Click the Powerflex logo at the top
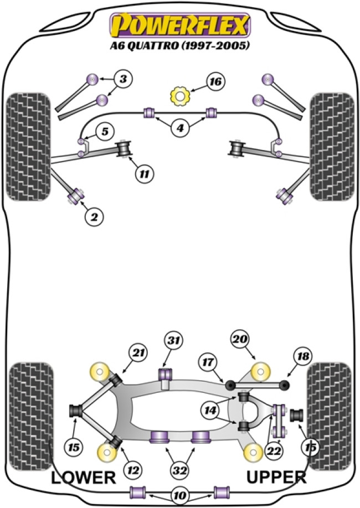pos(180,25)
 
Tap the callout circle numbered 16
pos(215,82)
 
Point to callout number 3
pos(124,79)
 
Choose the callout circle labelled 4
pos(179,129)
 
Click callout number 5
pos(104,131)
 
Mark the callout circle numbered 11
pos(143,175)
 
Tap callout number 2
pos(94,217)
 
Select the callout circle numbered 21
pos(137,351)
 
